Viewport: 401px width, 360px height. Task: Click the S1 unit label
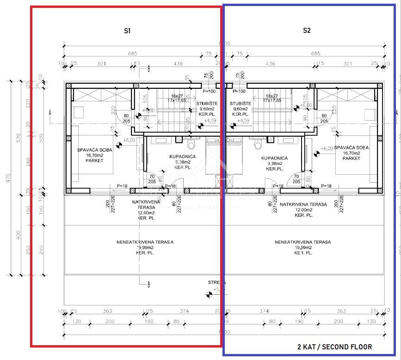pyautogui.click(x=127, y=31)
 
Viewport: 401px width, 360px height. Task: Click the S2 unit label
pyautogui.click(x=307, y=31)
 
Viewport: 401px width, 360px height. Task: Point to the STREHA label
pyautogui.click(x=216, y=282)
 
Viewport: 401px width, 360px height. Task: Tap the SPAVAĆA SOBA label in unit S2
pyautogui.click(x=352, y=148)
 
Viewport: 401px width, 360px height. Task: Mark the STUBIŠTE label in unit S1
pyautogui.click(x=206, y=103)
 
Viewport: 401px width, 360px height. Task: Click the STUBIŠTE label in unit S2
pyautogui.click(x=240, y=103)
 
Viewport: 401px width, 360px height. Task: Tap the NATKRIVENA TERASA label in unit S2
pyautogui.click(x=303, y=204)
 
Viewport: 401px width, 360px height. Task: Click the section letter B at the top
pyautogui.click(x=149, y=69)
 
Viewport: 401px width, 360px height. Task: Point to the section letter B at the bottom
pyautogui.click(x=148, y=284)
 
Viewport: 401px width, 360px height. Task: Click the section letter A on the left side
pyautogui.click(x=49, y=111)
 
